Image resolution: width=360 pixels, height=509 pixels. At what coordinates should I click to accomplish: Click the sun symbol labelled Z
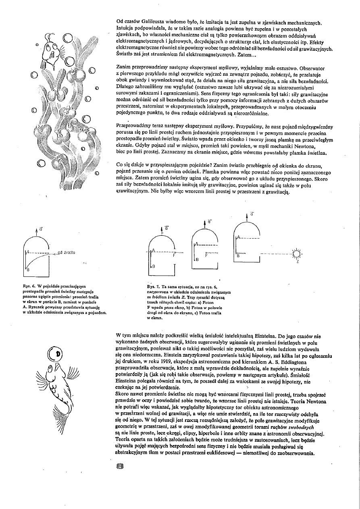[x=298, y=253]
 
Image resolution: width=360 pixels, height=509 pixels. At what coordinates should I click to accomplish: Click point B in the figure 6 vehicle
[x=28, y=270]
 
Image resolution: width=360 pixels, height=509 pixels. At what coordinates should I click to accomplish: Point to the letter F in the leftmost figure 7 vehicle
[x=174, y=255]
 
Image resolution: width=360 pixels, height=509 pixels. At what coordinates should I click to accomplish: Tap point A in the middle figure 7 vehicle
[x=196, y=243]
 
